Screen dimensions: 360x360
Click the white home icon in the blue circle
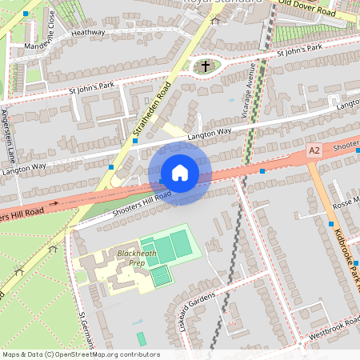[x=179, y=173]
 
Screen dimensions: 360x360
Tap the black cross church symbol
[x=206, y=66]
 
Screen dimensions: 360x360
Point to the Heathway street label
[x=88, y=33]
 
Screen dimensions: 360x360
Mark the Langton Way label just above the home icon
[x=209, y=135]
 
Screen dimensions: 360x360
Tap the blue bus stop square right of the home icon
[x=262, y=170]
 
